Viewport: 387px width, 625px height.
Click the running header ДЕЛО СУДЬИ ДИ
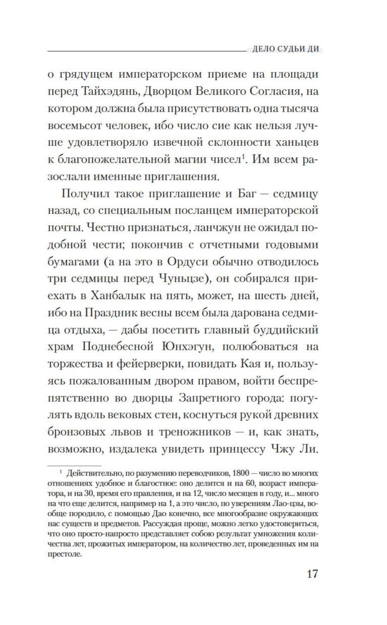coord(286,49)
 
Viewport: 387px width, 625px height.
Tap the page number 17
coord(312,573)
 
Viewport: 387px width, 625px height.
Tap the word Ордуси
coord(186,262)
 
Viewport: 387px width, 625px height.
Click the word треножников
coord(195,432)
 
